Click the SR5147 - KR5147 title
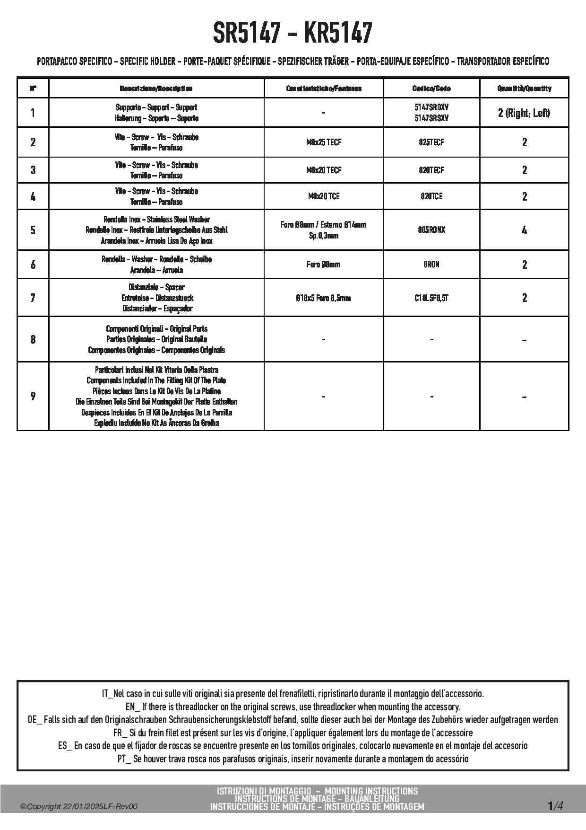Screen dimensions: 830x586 click(x=293, y=33)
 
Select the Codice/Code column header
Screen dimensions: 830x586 click(x=431, y=88)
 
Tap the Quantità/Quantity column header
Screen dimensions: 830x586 click(x=524, y=88)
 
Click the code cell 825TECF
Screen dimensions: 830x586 click(x=431, y=142)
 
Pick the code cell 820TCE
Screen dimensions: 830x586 click(x=431, y=196)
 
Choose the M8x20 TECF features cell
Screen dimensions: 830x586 click(x=324, y=170)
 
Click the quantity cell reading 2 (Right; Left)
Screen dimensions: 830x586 click(x=524, y=113)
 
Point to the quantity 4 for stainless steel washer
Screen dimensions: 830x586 click(x=524, y=230)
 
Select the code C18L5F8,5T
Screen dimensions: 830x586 click(x=431, y=298)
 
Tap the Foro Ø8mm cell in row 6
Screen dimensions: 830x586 click(x=324, y=265)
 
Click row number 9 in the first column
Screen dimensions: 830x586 click(x=33, y=396)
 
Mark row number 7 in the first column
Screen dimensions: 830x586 click(x=33, y=298)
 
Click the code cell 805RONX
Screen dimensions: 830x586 click(x=431, y=230)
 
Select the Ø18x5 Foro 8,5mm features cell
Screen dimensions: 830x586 click(x=324, y=298)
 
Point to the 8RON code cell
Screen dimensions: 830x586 click(x=431, y=265)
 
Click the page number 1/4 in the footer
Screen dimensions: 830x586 click(x=555, y=805)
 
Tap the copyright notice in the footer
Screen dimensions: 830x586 click(x=79, y=806)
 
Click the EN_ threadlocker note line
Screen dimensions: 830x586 click(x=293, y=707)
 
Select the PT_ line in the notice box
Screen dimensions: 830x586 click(x=293, y=759)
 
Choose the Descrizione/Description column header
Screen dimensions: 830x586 click(x=156, y=88)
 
